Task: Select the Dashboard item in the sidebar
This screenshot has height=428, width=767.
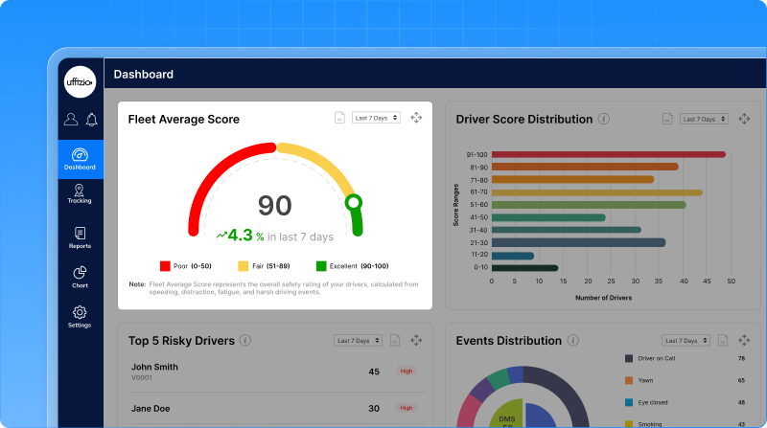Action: [81, 158]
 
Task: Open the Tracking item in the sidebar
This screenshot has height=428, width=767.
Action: [80, 194]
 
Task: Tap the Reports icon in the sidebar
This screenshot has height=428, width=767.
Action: [80, 234]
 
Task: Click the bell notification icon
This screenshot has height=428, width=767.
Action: [92, 120]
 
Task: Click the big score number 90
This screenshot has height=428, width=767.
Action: [275, 205]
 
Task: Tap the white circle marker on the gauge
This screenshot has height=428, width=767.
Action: [354, 202]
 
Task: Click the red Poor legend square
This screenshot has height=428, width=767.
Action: [165, 266]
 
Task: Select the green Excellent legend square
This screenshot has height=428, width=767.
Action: [321, 266]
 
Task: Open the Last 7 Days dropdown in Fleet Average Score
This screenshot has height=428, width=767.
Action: [376, 118]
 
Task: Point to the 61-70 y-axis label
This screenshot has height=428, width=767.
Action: [477, 191]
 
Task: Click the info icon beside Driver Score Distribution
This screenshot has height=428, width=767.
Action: [604, 119]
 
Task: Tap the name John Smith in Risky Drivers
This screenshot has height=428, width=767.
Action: [154, 366]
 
